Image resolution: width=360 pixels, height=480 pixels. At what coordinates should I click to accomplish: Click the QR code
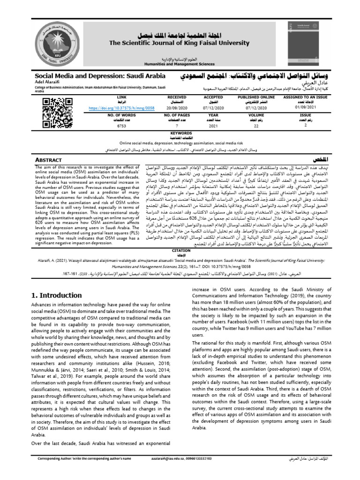53,110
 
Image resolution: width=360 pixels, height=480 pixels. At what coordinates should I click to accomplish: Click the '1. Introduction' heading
56,295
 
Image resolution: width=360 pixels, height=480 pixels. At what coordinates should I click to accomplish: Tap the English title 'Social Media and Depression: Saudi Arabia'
100,75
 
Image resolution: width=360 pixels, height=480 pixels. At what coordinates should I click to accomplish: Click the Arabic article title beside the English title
256,75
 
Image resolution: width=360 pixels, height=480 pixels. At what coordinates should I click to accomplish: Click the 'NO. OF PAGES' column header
171,115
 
